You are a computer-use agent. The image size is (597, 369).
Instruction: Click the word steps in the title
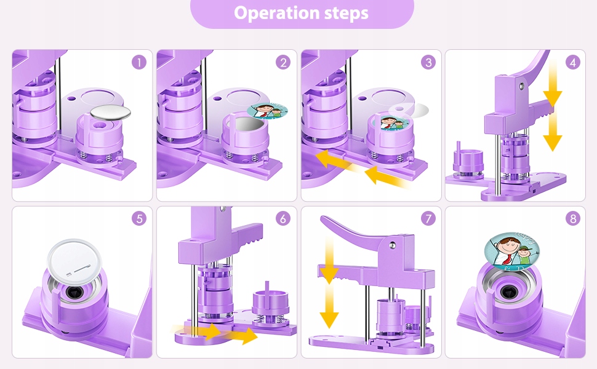click(x=345, y=13)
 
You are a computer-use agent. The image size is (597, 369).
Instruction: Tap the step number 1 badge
click(x=138, y=62)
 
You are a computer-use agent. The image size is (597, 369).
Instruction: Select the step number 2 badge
click(x=283, y=62)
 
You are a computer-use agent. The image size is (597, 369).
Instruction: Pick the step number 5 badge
click(x=138, y=218)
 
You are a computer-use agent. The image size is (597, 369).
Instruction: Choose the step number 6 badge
click(x=283, y=218)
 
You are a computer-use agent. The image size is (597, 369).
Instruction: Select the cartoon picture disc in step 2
click(x=268, y=111)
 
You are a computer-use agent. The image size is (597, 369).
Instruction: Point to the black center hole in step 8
click(x=510, y=293)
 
